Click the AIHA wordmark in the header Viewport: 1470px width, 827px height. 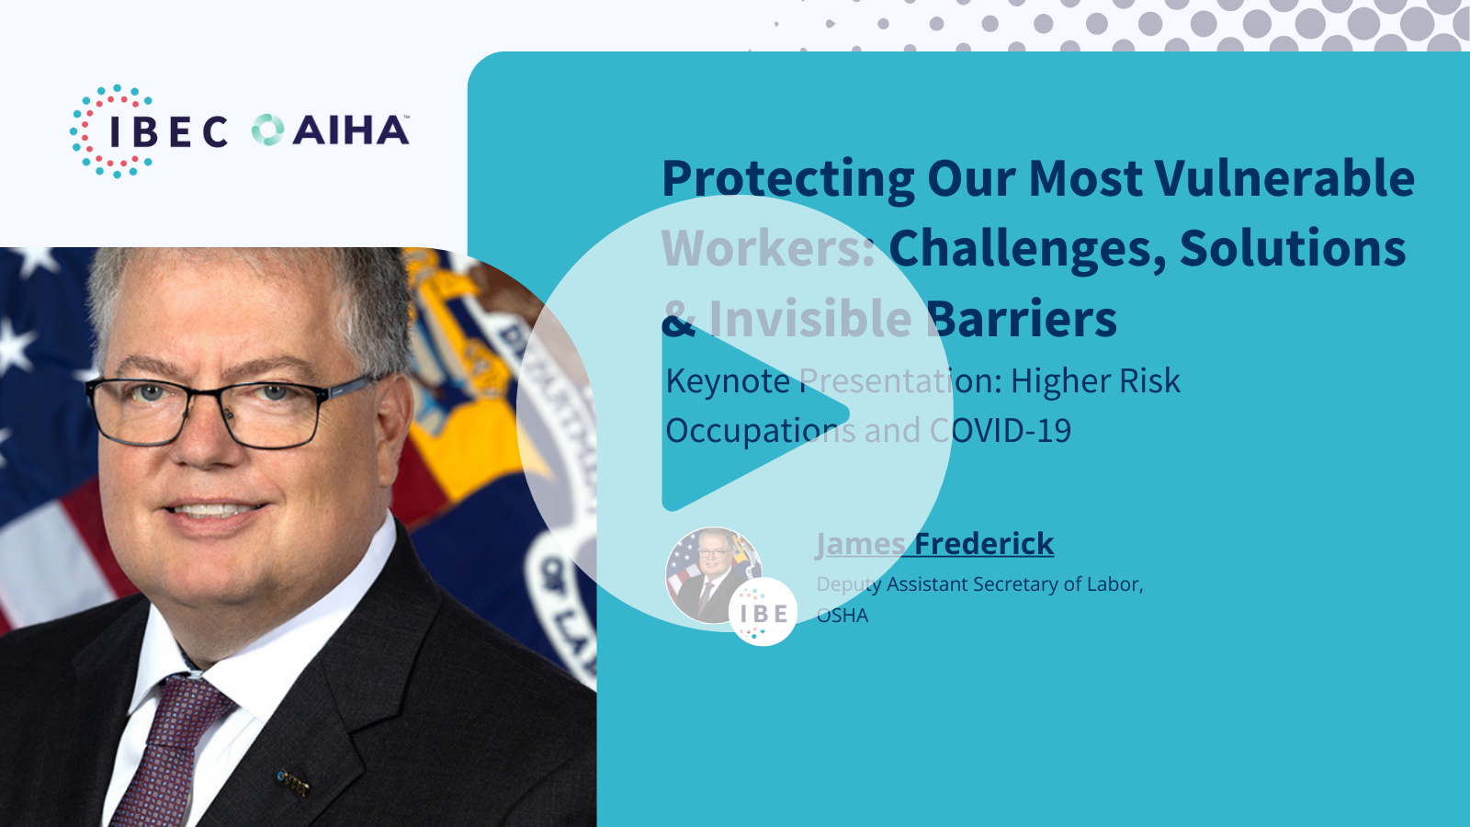[351, 130]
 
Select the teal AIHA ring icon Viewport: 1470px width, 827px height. [267, 130]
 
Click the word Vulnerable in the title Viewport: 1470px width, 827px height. [1285, 178]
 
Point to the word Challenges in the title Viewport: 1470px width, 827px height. [1028, 249]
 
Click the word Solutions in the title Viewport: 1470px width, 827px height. [1293, 248]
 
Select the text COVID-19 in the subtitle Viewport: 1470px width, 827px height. [1001, 431]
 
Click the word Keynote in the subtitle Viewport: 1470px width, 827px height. [728, 381]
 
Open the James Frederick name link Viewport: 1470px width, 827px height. [934, 544]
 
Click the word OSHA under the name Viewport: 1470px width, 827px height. [842, 616]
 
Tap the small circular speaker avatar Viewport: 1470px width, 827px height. [713, 575]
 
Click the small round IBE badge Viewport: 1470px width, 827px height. [763, 612]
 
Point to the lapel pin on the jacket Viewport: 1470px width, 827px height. [292, 782]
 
